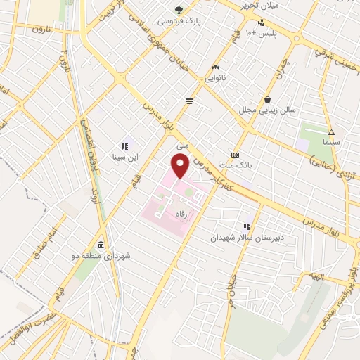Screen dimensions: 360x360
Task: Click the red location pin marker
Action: (180, 166)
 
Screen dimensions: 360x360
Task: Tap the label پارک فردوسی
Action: (179, 21)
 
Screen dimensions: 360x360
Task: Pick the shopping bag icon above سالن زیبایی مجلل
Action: (267, 99)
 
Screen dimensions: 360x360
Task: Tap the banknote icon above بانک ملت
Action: (235, 155)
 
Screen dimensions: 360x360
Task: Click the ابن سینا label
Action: (125, 157)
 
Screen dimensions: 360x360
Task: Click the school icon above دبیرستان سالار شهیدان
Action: (247, 226)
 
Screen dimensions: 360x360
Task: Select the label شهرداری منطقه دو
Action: (103, 256)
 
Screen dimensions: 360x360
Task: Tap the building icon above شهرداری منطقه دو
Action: (103, 245)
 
